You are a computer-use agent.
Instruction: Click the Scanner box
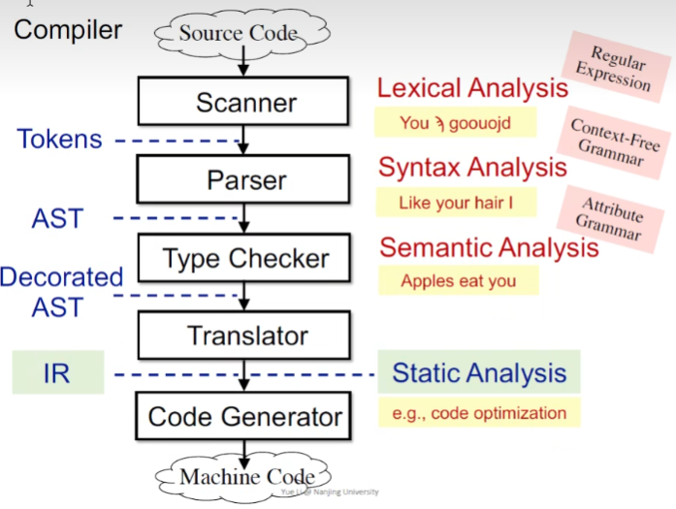tap(245, 102)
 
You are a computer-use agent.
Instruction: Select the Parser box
tap(245, 179)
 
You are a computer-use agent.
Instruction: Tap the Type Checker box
tap(245, 258)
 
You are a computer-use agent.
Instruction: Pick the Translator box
tap(245, 335)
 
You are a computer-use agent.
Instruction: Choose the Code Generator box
tap(245, 417)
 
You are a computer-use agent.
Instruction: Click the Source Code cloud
tap(238, 34)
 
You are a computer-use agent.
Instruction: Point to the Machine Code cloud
tap(246, 476)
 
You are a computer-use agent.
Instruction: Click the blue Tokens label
tap(59, 139)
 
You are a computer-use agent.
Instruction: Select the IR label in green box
tap(57, 373)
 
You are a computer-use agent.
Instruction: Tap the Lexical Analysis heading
tap(472, 88)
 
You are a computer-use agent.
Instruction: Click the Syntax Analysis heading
tap(472, 167)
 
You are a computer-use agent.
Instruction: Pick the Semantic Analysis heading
tap(489, 247)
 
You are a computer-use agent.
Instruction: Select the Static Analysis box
tap(479, 372)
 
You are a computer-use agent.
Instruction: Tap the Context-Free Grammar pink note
tap(614, 143)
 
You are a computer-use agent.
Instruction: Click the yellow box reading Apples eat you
tap(458, 281)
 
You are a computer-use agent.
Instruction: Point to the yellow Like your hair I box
tap(455, 203)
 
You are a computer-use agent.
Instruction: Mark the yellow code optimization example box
tap(479, 413)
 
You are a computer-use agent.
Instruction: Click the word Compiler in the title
tap(68, 29)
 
